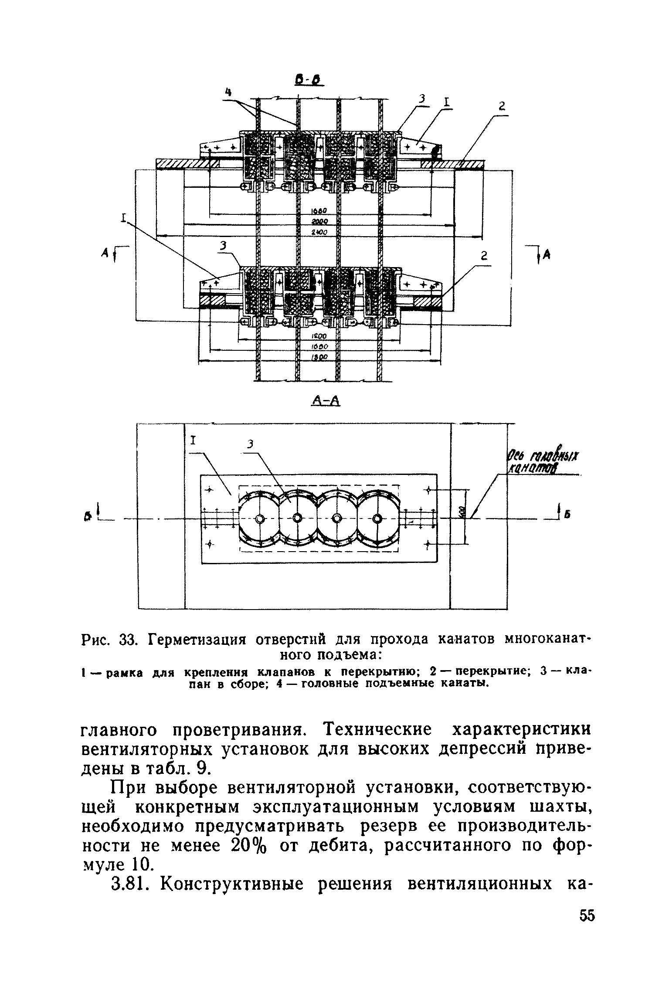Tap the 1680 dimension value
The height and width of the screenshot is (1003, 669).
pos(319,211)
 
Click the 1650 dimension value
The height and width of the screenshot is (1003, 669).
pos(320,347)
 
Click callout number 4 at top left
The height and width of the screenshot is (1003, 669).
pos(228,91)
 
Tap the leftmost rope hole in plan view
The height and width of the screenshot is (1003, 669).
pos(260,519)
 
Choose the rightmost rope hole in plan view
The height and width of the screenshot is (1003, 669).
pos(377,519)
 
